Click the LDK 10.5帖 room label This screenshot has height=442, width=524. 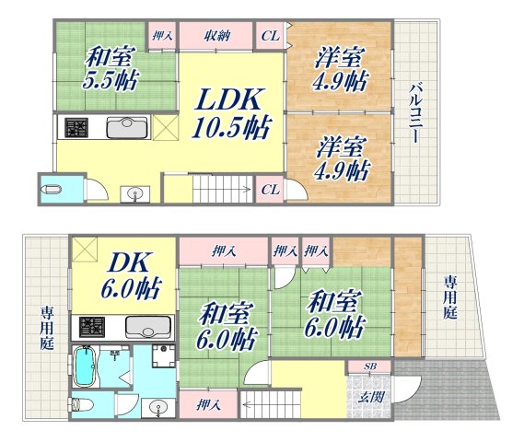(230, 113)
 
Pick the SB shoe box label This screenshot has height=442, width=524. (370, 367)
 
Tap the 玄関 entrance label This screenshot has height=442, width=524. (370, 397)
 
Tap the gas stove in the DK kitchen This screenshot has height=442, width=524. (95, 327)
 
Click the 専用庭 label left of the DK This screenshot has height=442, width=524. (45, 327)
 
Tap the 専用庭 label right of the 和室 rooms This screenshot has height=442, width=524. (450, 297)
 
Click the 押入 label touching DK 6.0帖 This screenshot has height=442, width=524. (222, 250)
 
